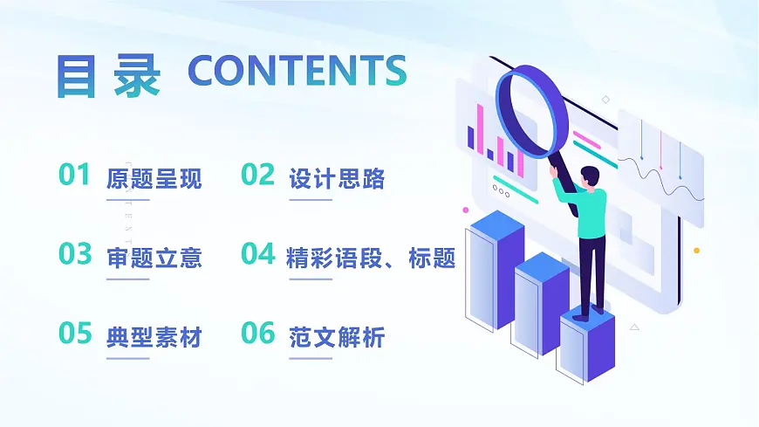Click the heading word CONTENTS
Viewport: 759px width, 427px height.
pyautogui.click(x=297, y=71)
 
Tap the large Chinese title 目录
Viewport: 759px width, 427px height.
pyautogui.click(x=108, y=75)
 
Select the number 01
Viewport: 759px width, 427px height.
pyautogui.click(x=74, y=175)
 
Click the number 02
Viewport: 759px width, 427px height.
pyautogui.click(x=257, y=175)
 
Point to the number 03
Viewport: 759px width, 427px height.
pyautogui.click(x=75, y=254)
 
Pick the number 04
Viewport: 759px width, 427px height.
pyautogui.click(x=258, y=254)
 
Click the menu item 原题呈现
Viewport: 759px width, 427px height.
pyautogui.click(x=154, y=179)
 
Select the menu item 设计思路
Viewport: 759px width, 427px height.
pyautogui.click(x=336, y=179)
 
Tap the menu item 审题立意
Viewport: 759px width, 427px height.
pyautogui.click(x=154, y=258)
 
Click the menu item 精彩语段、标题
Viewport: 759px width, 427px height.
pyautogui.click(x=371, y=258)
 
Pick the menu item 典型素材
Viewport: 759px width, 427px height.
pyautogui.click(x=154, y=337)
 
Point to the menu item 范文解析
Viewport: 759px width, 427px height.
pyautogui.click(x=336, y=337)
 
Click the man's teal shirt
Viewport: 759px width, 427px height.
pyautogui.click(x=588, y=210)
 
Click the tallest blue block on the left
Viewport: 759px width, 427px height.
pyautogui.click(x=496, y=271)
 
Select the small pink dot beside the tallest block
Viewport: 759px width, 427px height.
pyautogui.click(x=465, y=210)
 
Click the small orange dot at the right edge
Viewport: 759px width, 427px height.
pyautogui.click(x=696, y=251)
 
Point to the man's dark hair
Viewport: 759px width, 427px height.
pyautogui.click(x=590, y=173)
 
